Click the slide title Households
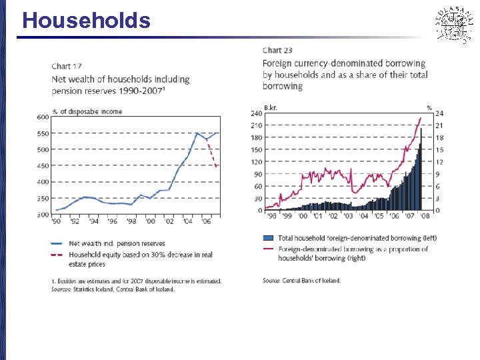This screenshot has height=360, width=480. (86, 20)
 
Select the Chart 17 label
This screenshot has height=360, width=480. (67, 65)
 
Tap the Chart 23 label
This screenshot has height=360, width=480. (277, 50)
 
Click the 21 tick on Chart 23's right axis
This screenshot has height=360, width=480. (439, 125)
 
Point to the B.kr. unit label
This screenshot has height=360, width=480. (271, 107)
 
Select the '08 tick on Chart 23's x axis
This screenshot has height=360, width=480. (425, 216)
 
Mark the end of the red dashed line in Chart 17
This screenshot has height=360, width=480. (217, 167)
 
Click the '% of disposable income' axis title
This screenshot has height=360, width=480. (87, 111)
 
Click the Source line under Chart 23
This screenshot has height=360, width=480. (301, 281)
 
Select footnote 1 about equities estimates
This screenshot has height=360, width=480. (136, 281)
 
